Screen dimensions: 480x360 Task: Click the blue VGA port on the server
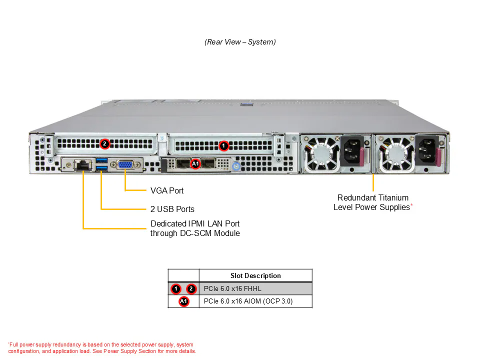(x=125, y=165)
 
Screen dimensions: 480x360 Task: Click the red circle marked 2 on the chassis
(x=104, y=143)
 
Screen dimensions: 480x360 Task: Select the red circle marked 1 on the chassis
(x=224, y=145)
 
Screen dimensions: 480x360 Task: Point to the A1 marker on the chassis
(x=195, y=164)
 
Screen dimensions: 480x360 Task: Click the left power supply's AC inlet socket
(x=351, y=151)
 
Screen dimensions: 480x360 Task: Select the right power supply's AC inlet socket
(x=426, y=151)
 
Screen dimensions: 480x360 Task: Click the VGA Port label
(x=167, y=190)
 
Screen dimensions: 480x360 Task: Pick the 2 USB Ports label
(x=172, y=209)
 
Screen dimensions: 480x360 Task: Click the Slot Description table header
(x=255, y=275)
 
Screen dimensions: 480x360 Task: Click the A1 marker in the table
(x=183, y=301)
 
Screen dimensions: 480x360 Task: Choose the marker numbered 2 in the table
(x=191, y=288)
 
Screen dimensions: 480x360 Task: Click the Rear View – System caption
(x=240, y=42)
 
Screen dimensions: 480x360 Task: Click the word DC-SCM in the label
(x=195, y=233)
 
